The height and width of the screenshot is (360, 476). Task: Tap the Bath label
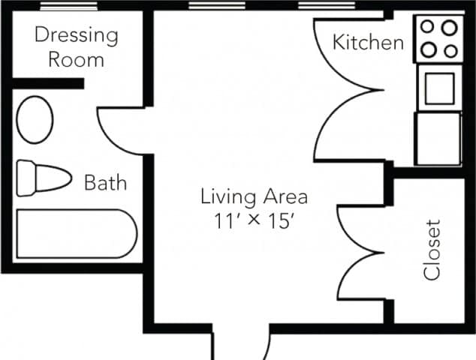105,182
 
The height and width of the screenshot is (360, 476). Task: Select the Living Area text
254,197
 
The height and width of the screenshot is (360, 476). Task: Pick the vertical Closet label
432,250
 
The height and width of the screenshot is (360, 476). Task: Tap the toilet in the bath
42,177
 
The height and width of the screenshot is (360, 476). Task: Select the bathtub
76,233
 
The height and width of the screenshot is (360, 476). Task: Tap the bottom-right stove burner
450,50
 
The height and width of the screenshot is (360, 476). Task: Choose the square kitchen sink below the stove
439,86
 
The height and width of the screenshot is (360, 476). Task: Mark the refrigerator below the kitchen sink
438,139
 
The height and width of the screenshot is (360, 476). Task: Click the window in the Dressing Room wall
68,5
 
